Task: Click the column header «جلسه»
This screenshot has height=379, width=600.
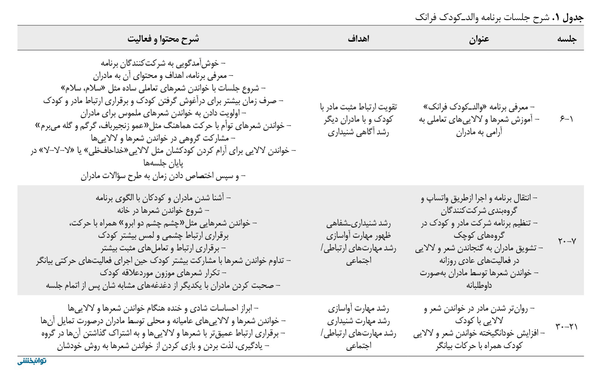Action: coord(567,39)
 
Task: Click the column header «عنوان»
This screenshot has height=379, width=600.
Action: coord(479,39)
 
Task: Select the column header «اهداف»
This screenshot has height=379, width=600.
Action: coord(358,39)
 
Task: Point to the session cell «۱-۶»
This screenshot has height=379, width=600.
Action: coord(566,119)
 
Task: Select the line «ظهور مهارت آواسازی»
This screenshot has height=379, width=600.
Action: coord(358,236)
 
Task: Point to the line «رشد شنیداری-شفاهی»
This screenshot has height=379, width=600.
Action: coord(358,223)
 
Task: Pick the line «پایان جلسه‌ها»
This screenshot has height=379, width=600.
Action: coord(163,163)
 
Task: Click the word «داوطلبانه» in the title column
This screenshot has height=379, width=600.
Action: coord(479,285)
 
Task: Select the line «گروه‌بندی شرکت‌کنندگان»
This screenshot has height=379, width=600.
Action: coord(479,211)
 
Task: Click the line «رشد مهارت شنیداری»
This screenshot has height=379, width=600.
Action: coord(358,321)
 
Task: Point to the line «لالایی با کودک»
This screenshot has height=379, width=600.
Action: coord(479,321)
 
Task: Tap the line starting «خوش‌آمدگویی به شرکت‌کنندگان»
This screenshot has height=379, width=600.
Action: coord(163,63)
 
